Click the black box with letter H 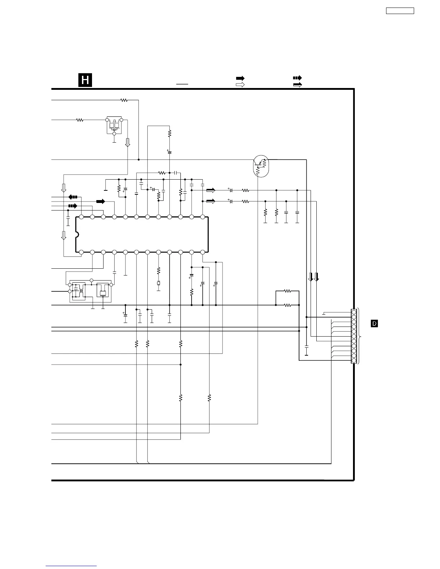point(85,80)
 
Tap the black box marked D point(374,324)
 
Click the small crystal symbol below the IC point(158,284)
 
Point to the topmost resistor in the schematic point(124,100)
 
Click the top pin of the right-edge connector point(354,312)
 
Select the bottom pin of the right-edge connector point(354,360)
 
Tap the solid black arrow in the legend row point(240,78)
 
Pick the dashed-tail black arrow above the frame point(297,78)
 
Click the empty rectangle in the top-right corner point(400,11)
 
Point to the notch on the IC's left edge point(77,235)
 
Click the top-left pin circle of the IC point(81,217)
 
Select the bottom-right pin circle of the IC point(203,252)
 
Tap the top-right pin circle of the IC point(203,217)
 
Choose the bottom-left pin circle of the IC point(81,252)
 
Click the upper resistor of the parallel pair point(287,291)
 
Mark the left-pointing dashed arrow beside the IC point(73,197)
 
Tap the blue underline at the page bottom point(71,566)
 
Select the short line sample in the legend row point(182,84)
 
